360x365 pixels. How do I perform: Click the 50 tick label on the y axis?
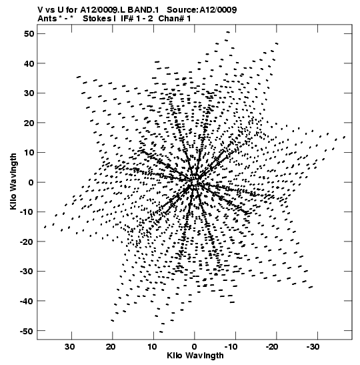pyautogui.click(x=29, y=34)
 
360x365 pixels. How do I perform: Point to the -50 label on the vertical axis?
pyautogui.click(x=27, y=331)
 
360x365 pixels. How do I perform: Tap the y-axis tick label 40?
pyautogui.click(x=29, y=63)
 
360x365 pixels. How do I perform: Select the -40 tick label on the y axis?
pyautogui.click(x=27, y=301)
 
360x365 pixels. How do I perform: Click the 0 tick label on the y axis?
pyautogui.click(x=31, y=182)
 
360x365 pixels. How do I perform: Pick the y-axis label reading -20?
pyautogui.click(x=27, y=242)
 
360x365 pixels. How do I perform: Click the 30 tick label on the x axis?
pyautogui.click(x=70, y=347)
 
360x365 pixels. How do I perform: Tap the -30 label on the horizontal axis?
pyautogui.click(x=313, y=347)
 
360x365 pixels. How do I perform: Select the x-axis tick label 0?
pyautogui.click(x=194, y=347)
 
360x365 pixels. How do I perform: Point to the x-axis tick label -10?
pyautogui.click(x=231, y=347)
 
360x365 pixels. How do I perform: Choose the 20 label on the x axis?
pyautogui.click(x=111, y=347)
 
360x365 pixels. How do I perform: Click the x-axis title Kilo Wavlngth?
pyautogui.click(x=195, y=356)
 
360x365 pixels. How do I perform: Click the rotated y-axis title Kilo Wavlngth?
pyautogui.click(x=13, y=181)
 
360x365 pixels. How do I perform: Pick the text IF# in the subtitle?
pyautogui.click(x=127, y=19)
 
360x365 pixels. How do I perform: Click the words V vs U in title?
pyautogui.click(x=50, y=10)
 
